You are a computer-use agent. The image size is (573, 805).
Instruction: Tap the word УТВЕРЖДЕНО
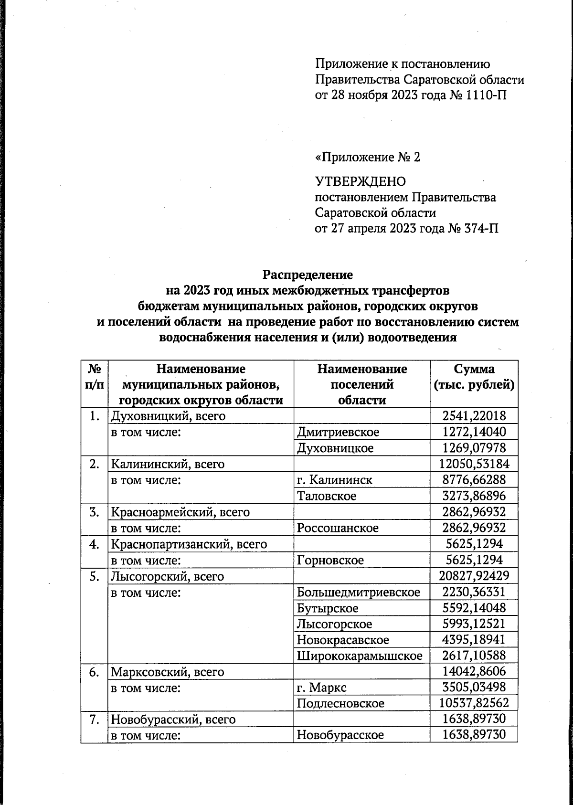tap(361, 181)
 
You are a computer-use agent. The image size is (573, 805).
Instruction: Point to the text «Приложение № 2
tap(368, 157)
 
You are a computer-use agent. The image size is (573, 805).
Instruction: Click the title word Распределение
tap(308, 275)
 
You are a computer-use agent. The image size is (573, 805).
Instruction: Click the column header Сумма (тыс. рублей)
tap(474, 377)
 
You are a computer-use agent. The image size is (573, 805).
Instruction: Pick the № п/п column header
tap(95, 377)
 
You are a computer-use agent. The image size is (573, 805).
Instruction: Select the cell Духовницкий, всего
tap(168, 416)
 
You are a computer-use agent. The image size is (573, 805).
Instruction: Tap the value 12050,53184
tap(474, 464)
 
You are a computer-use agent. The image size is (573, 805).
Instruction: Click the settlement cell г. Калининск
tap(334, 480)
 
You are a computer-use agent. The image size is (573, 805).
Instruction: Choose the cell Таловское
tap(327, 496)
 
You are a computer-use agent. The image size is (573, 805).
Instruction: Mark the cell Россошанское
tap(338, 528)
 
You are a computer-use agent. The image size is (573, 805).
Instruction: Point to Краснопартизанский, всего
tap(189, 544)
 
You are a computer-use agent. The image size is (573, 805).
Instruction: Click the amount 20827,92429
tap(474, 576)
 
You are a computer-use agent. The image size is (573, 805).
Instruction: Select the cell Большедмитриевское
tap(359, 593)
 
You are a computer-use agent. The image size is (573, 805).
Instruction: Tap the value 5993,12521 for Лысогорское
tap(474, 624)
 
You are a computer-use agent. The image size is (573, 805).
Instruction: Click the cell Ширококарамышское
tap(360, 656)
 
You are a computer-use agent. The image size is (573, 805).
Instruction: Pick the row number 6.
tap(95, 672)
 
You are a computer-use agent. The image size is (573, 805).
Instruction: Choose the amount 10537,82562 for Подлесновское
tap(474, 703)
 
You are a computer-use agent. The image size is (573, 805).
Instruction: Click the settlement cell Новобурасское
tap(340, 735)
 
